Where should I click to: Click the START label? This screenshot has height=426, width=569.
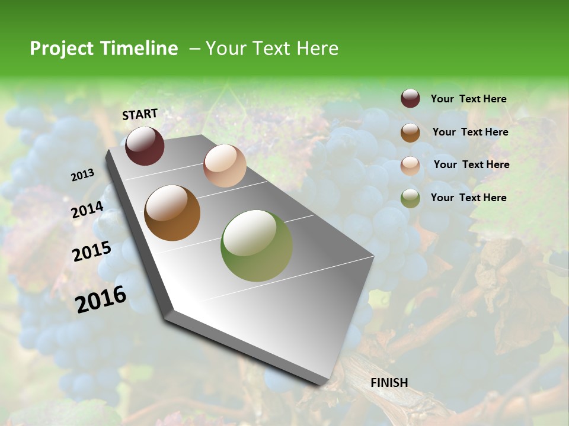point(140,114)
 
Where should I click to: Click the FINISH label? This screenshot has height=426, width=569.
point(389,383)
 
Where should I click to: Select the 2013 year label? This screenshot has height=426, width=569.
point(82,175)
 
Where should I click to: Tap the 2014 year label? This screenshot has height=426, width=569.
point(88,210)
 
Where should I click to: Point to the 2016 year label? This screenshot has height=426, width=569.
point(101,299)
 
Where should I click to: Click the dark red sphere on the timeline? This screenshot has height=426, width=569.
point(145,146)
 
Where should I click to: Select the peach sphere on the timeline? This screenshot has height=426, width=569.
point(225,166)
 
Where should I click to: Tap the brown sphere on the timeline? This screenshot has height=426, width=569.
point(172,213)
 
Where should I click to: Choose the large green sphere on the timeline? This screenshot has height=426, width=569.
point(257,246)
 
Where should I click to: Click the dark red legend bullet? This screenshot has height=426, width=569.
point(410,99)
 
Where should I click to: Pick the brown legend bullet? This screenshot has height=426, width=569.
point(410,133)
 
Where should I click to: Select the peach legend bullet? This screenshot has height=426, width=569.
point(410,165)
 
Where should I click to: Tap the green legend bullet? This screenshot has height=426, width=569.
point(410,198)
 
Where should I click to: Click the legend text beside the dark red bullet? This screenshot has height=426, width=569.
point(468,99)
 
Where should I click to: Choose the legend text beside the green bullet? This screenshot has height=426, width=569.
point(468,198)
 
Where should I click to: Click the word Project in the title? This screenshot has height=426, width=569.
point(61,49)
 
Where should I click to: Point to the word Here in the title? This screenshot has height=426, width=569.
point(317,49)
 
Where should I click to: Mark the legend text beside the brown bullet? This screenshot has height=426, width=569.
point(470,132)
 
